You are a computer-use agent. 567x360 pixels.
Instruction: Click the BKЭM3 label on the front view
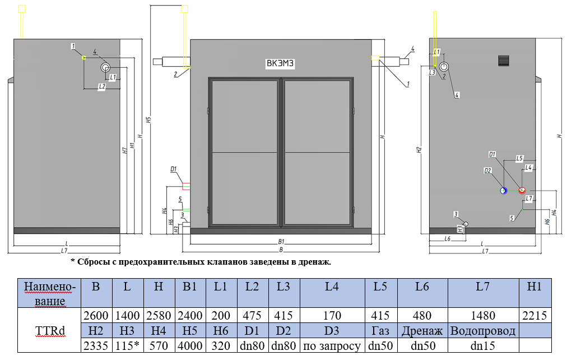[280, 64]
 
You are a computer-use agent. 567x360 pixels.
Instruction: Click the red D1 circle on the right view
[522, 191]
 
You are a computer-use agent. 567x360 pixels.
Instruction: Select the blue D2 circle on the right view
[504, 191]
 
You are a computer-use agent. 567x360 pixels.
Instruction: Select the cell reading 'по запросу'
[332, 346]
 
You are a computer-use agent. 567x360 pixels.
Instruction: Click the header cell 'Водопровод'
[483, 331]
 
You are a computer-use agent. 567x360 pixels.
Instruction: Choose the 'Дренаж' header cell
[422, 331]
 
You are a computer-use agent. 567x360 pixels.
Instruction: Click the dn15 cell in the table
[483, 346]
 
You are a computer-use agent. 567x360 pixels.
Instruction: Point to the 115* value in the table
[128, 346]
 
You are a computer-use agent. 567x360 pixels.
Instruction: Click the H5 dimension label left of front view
[148, 120]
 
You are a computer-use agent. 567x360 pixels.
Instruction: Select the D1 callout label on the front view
[174, 168]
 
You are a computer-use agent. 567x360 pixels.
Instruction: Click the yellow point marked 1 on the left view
[83, 57]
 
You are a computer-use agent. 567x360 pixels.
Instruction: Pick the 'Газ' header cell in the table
[380, 331]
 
